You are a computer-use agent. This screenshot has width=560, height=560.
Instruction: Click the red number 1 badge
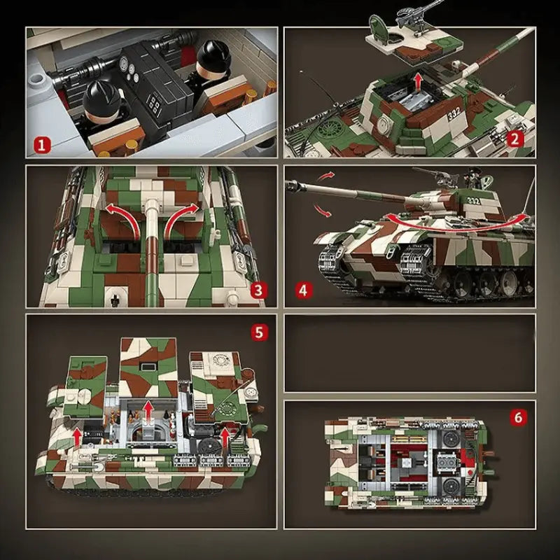click(x=43, y=145)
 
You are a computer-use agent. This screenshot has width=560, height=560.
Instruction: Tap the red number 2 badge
click(x=516, y=139)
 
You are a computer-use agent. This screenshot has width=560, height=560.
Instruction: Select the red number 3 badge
click(x=258, y=289)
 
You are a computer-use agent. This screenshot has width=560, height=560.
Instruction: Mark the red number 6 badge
click(x=518, y=418)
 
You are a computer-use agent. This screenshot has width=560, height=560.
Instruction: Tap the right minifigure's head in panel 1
click(x=208, y=57)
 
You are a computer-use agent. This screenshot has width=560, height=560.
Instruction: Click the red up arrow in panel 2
click(x=417, y=82)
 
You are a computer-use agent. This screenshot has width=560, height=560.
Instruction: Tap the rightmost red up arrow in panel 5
click(x=225, y=437)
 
